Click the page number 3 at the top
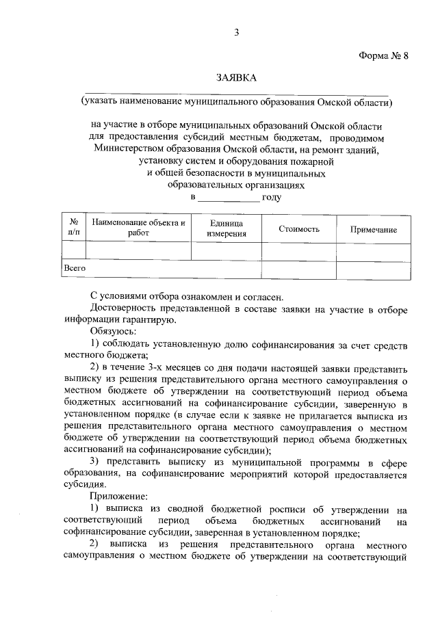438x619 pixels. pyautogui.click(x=236, y=31)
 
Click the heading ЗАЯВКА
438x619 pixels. pyautogui.click(x=236, y=79)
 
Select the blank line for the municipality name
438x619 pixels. pyautogui.click(x=236, y=94)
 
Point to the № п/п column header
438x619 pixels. pyautogui.click(x=73, y=228)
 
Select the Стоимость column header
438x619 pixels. pyautogui.click(x=299, y=228)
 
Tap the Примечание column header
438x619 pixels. pyautogui.click(x=374, y=230)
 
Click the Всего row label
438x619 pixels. pyautogui.click(x=75, y=268)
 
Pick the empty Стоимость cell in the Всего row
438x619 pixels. pyautogui.click(x=299, y=269)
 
